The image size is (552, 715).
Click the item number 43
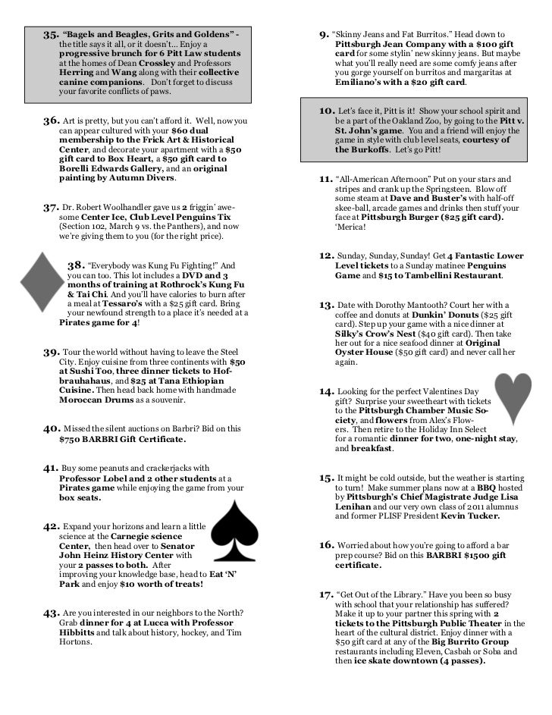pyautogui.click(x=51, y=613)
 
